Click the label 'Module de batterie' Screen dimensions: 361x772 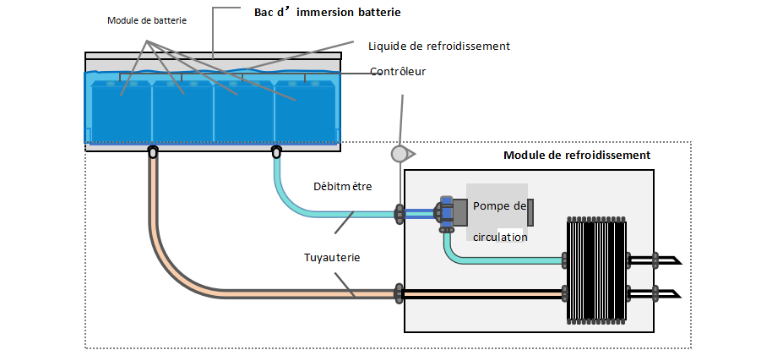(x=147, y=20)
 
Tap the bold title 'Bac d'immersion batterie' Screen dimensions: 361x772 (x=327, y=13)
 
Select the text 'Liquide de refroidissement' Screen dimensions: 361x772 (x=439, y=46)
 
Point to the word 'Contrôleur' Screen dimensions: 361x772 (x=398, y=72)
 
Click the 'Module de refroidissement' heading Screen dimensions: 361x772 (x=577, y=156)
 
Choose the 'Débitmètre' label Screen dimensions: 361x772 (x=341, y=186)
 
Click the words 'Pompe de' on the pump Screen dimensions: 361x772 (x=499, y=205)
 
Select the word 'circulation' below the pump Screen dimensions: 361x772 (x=500, y=238)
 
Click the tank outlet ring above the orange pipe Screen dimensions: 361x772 (x=153, y=152)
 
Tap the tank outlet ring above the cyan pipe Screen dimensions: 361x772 (x=276, y=152)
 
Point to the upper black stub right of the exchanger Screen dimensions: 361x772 (x=663, y=260)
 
